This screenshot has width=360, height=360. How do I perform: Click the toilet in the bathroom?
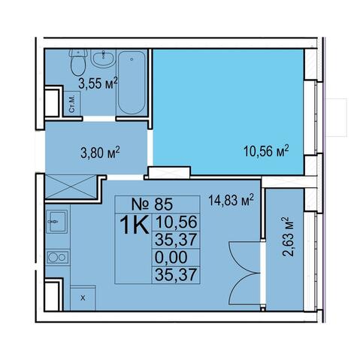click(x=78, y=62)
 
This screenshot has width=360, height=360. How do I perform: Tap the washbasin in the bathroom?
click(x=103, y=58)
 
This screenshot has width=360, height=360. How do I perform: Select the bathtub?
click(x=132, y=83)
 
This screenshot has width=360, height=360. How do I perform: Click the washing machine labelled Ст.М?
click(x=72, y=104)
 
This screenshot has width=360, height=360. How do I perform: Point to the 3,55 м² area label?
click(x=98, y=83)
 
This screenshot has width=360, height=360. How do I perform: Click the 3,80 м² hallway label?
click(x=100, y=153)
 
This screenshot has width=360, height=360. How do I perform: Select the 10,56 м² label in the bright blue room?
click(x=266, y=150)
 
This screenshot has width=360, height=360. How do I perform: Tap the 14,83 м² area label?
click(x=231, y=200)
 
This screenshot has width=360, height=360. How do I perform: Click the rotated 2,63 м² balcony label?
click(x=288, y=237)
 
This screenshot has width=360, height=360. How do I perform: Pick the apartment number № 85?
click(x=153, y=204)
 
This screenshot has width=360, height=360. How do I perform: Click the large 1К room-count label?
click(x=135, y=225)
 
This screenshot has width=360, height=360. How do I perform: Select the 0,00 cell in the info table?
click(x=171, y=257)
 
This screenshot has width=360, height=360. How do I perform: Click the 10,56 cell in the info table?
click(x=176, y=222)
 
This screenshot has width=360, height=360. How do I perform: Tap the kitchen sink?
click(x=57, y=222)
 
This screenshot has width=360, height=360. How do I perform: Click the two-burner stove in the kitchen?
click(x=58, y=257)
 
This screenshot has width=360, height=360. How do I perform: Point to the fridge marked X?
click(x=83, y=298)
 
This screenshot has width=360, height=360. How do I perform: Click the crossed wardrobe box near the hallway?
click(x=71, y=187)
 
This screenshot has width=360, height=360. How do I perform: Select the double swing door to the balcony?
click(x=246, y=273)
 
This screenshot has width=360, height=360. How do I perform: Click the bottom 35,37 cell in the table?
click(x=176, y=275)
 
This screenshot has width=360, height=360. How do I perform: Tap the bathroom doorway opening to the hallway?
click(x=99, y=119)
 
